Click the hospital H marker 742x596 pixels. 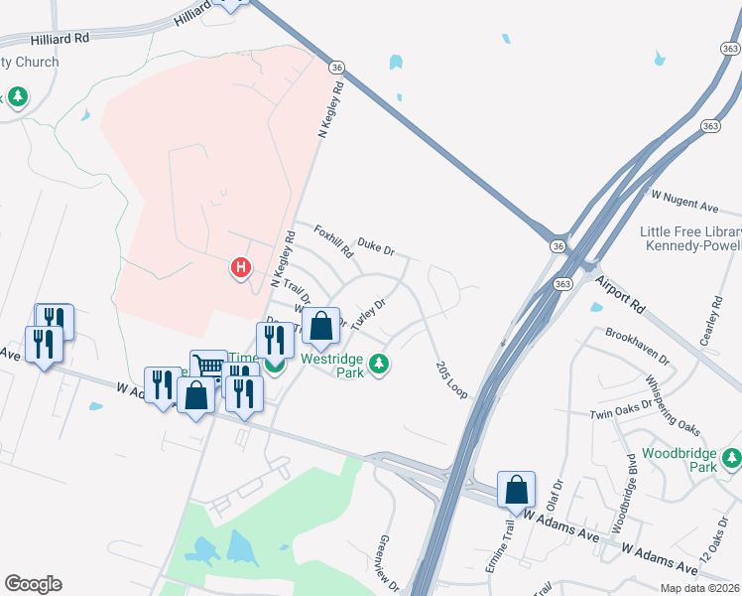[240, 267]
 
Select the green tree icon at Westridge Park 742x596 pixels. [377, 365]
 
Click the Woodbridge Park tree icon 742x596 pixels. [731, 459]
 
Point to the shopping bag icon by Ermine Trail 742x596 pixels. [516, 489]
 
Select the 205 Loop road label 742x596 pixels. [451, 380]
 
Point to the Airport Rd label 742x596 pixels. [622, 293]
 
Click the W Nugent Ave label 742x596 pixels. [683, 202]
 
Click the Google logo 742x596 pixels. [33, 584]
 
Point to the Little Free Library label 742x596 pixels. [690, 230]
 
